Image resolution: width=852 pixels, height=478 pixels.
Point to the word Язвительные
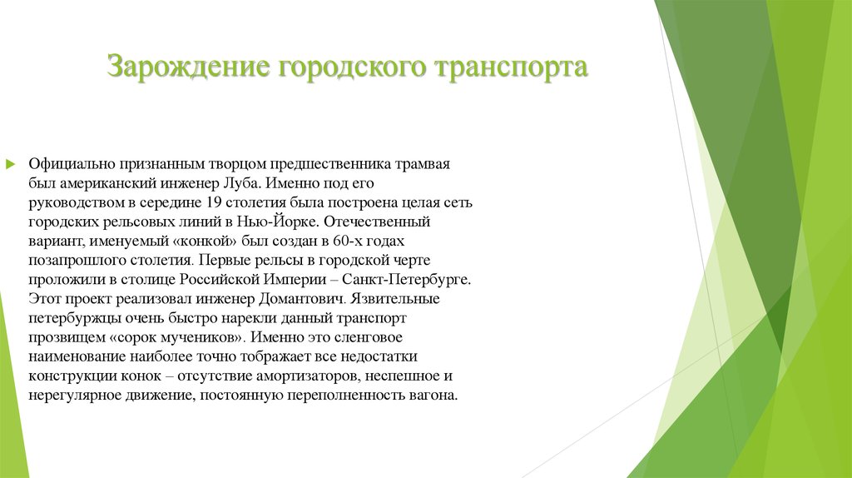point(396,298)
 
